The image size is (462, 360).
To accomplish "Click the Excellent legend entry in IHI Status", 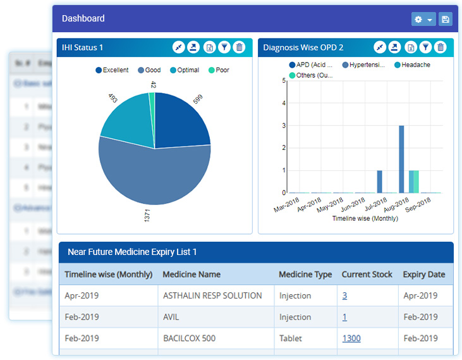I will point(112,70).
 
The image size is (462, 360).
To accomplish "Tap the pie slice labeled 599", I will point(180,120).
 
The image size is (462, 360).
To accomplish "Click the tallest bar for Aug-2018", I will point(401,158).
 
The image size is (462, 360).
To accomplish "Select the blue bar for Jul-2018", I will point(380,181).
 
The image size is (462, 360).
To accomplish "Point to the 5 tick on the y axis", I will point(284,80).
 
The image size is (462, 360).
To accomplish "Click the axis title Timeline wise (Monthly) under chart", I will point(365,218).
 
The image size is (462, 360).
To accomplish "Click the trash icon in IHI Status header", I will point(239,47).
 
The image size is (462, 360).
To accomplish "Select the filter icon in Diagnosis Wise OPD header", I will point(426,47).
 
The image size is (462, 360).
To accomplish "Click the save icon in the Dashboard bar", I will point(446,20).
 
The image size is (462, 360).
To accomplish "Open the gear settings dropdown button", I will point(423,20).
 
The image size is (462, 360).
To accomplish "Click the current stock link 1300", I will point(351,338).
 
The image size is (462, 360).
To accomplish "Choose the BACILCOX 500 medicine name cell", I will point(189,338).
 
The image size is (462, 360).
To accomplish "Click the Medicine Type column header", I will point(305,275).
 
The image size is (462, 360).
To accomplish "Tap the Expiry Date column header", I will point(424,275).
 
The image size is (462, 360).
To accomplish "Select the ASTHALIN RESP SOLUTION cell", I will point(212,295).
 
